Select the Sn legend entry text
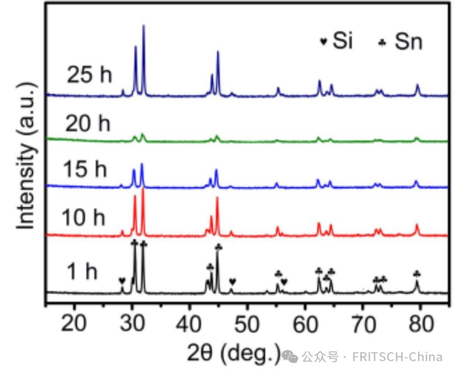[x=408, y=42]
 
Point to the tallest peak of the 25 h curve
[x=144, y=26]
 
